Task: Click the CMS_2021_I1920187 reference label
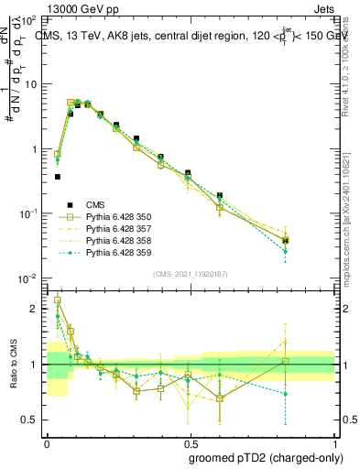[190, 273]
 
